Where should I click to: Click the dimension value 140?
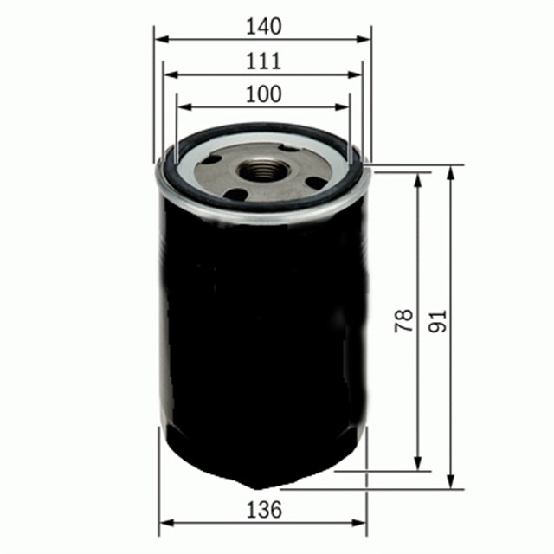(x=262, y=27)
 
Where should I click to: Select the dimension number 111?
(x=262, y=61)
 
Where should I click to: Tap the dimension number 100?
(x=262, y=94)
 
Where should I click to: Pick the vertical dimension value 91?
(x=435, y=322)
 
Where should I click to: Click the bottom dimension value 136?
(x=263, y=510)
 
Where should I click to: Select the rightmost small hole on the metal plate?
(x=317, y=183)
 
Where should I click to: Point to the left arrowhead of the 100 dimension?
(x=182, y=107)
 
